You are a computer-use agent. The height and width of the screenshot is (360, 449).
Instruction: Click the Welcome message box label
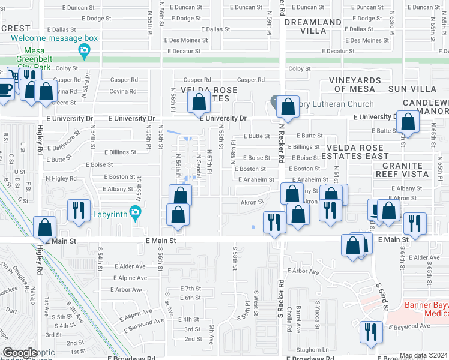pyautogui.click(x=54, y=38)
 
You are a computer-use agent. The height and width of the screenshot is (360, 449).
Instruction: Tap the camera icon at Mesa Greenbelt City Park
pyautogui.click(x=85, y=49)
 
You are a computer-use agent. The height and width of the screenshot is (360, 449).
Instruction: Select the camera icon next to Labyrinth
pyautogui.click(x=135, y=212)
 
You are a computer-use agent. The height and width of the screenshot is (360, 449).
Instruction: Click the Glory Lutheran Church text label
pyautogui.click(x=332, y=104)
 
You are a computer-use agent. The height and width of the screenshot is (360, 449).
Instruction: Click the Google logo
pyautogui.click(x=20, y=353)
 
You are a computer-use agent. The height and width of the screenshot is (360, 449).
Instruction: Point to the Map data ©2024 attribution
pyautogui.click(x=423, y=355)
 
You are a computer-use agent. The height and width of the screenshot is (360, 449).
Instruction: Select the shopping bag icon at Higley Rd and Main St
pyautogui.click(x=45, y=227)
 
